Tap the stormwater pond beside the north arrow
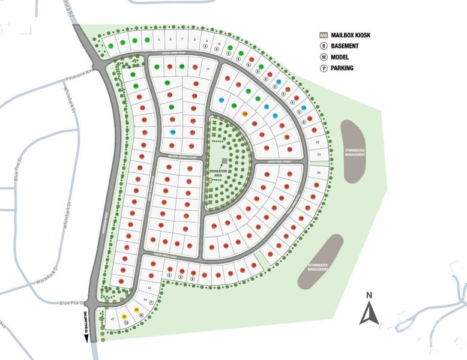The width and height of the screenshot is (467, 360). point(321,262)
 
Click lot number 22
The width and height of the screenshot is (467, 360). point(318,142)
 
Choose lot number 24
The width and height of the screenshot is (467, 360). point(318,172)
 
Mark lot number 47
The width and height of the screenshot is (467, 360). point(113,319)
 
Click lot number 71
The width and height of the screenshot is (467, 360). point(208,70)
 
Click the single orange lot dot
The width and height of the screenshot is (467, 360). point(244,113)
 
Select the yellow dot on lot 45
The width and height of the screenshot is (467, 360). point(137,310)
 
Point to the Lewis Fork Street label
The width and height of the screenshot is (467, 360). point(279,162)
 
